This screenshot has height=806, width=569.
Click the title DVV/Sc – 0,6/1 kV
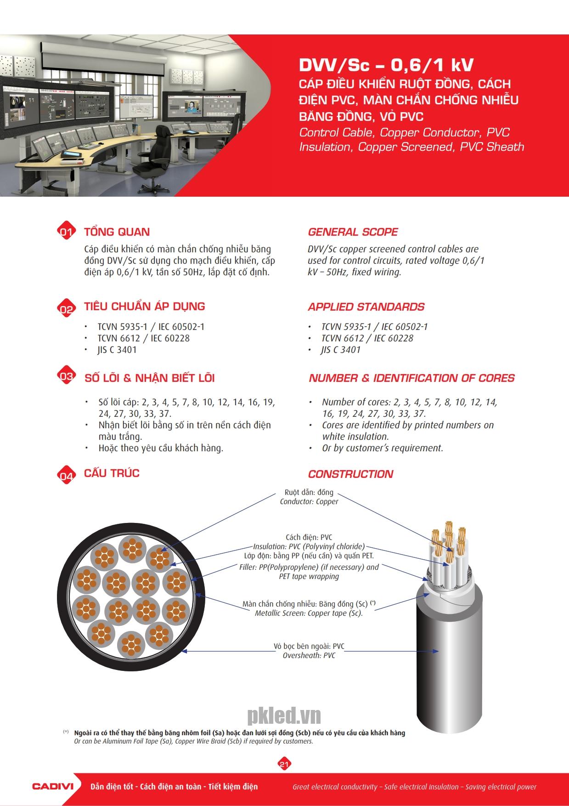[386, 65]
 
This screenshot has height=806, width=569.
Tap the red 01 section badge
[66, 232]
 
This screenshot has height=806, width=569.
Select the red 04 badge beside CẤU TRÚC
[66, 475]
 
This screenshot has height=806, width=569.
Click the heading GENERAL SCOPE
[353, 232]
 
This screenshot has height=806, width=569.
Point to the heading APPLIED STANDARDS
[366, 307]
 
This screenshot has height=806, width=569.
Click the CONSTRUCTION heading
[350, 474]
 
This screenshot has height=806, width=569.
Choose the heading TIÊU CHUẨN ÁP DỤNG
[144, 307]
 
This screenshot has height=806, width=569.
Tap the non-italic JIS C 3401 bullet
[117, 350]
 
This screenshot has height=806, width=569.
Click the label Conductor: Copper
[309, 502]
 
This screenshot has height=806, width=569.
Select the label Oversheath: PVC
[309, 655]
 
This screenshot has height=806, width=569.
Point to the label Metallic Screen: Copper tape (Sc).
[309, 613]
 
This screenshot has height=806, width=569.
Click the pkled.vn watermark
[284, 715]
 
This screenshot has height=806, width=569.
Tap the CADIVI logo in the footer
[53, 786]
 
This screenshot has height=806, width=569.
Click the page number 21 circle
[284, 764]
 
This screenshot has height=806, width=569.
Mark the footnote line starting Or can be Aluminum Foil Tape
[193, 741]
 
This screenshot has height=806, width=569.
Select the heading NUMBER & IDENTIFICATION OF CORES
[411, 378]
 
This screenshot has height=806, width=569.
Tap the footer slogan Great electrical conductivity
[414, 787]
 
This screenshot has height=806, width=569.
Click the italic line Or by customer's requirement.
[382, 448]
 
